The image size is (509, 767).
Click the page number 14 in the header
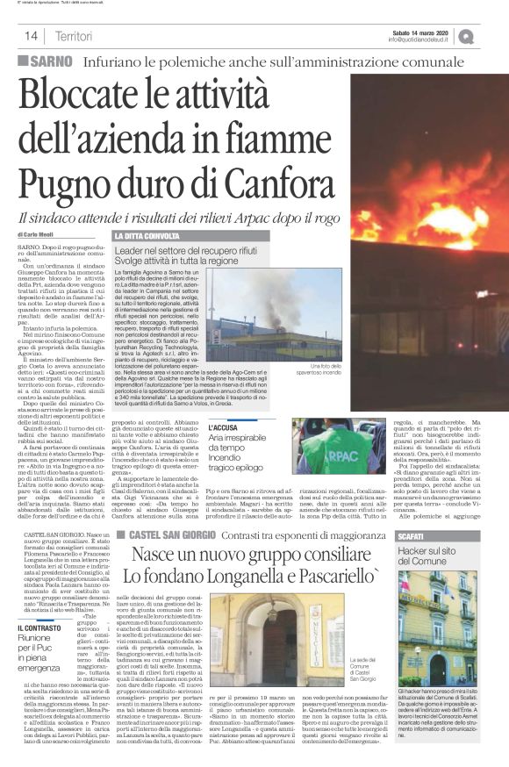30,36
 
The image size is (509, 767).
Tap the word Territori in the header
73,36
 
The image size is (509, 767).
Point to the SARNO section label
55,61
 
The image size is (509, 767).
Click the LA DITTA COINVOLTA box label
145,236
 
